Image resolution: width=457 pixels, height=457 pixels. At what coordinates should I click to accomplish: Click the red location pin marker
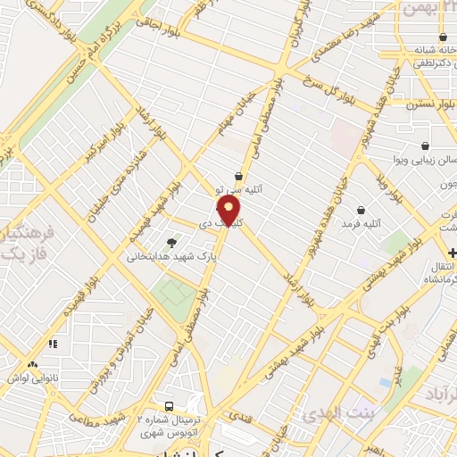[x=229, y=212]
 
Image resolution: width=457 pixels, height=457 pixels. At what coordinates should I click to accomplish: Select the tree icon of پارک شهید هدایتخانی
[x=171, y=242]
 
